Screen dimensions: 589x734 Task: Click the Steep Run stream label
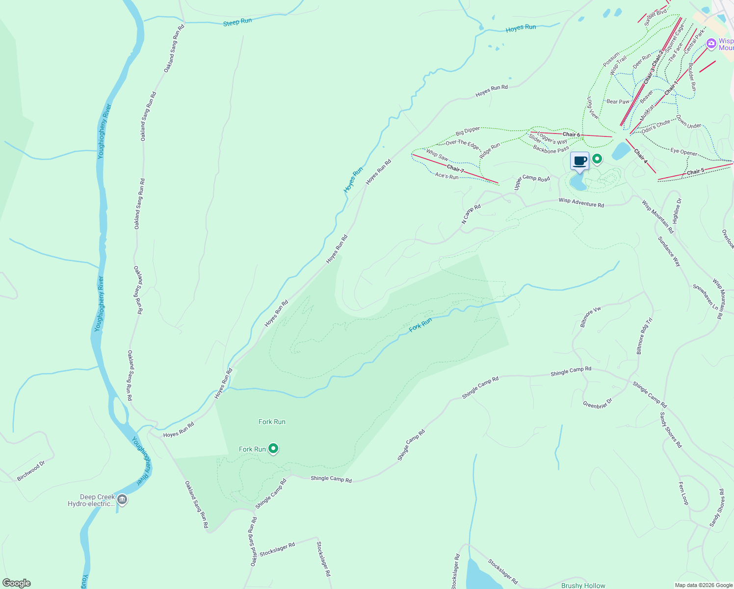(237, 22)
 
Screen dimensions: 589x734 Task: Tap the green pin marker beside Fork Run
(274, 448)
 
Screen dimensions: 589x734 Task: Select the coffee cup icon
(579, 161)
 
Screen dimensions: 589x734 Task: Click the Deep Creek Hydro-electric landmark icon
(122, 500)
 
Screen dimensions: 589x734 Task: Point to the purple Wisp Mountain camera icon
(711, 44)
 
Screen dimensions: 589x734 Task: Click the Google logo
(17, 583)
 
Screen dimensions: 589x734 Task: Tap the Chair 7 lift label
(455, 169)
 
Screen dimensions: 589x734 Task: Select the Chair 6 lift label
(571, 134)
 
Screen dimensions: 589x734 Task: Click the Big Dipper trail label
(468, 131)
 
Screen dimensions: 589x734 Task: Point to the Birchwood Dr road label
(31, 471)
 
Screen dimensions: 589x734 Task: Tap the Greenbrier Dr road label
(597, 403)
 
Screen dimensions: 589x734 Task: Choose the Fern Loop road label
(683, 493)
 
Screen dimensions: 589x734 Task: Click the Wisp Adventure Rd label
(581, 202)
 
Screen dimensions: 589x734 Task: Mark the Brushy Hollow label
(583, 585)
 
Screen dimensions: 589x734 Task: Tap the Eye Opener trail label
(684, 153)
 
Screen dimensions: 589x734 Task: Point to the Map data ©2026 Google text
(703, 585)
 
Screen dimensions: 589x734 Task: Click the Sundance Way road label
(669, 251)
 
